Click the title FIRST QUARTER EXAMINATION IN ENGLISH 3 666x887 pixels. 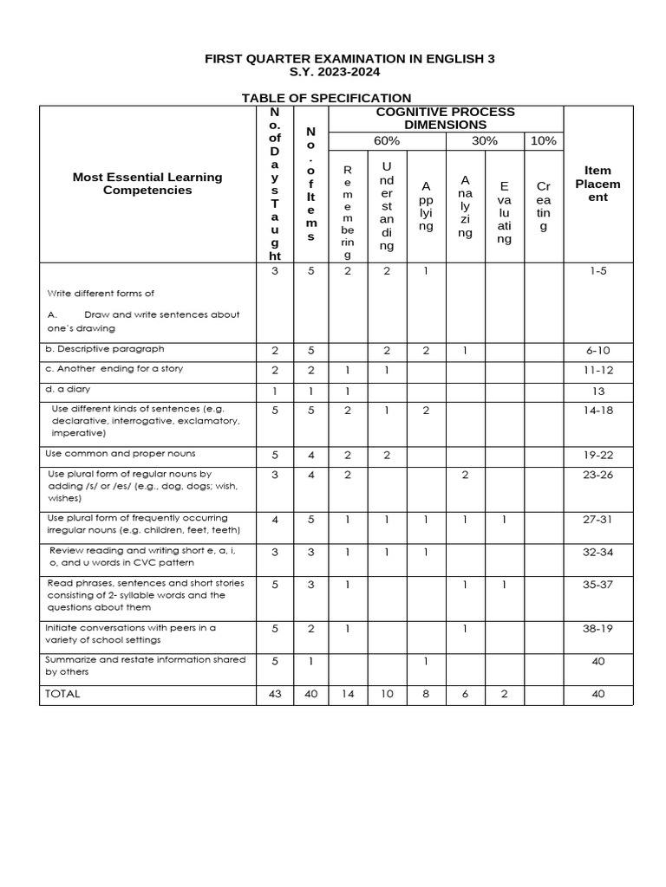click(349, 59)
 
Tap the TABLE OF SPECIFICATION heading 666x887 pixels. click(326, 98)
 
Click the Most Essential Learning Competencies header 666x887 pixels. click(147, 184)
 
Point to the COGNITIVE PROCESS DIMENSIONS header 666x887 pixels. click(445, 119)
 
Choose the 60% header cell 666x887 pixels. click(387, 141)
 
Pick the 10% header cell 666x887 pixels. click(544, 141)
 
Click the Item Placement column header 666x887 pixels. click(597, 184)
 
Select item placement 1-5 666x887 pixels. click(598, 271)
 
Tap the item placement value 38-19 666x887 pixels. click(598, 628)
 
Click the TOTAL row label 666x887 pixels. click(62, 694)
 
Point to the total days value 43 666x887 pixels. click(275, 694)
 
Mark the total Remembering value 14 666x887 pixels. click(348, 694)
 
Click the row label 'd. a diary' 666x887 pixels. click(68, 390)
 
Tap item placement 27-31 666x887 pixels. click(598, 519)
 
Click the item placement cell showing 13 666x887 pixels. click(598, 391)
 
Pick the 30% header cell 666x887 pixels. click(484, 141)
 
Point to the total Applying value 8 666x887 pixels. click(426, 694)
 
